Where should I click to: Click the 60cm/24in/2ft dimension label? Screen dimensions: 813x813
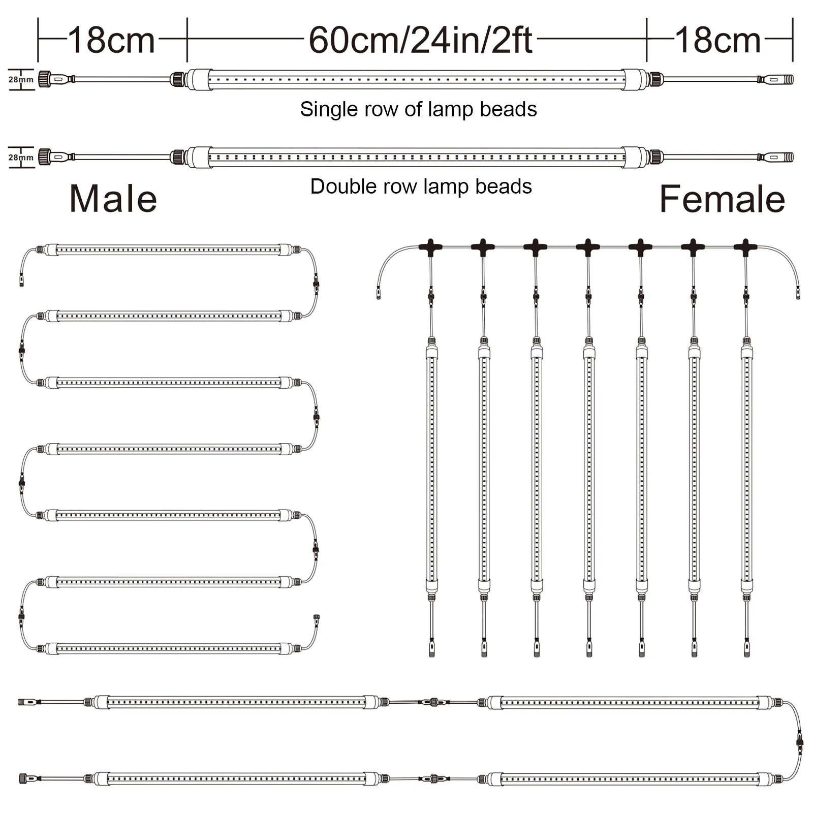[420, 40]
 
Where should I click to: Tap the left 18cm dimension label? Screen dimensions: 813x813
[111, 40]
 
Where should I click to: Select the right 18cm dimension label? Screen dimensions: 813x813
[717, 40]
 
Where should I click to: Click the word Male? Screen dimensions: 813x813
[113, 199]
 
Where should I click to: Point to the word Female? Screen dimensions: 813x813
[722, 199]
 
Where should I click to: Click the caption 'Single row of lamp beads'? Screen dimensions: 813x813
[418, 109]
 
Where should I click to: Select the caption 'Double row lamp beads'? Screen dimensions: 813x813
[421, 186]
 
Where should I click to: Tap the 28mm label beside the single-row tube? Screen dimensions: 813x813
[21, 80]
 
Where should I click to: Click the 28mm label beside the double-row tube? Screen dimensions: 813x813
[21, 158]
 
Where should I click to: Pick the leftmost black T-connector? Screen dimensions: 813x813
[430, 247]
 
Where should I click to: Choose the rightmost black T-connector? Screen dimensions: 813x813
[745, 247]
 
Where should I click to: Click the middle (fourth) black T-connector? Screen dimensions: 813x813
[588, 247]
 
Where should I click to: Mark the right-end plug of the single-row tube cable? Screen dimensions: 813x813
[776, 79]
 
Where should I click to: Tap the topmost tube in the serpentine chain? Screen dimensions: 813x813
[168, 250]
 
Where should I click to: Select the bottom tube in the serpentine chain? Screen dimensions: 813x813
[168, 648]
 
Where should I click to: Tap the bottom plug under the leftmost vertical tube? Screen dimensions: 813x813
[432, 648]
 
